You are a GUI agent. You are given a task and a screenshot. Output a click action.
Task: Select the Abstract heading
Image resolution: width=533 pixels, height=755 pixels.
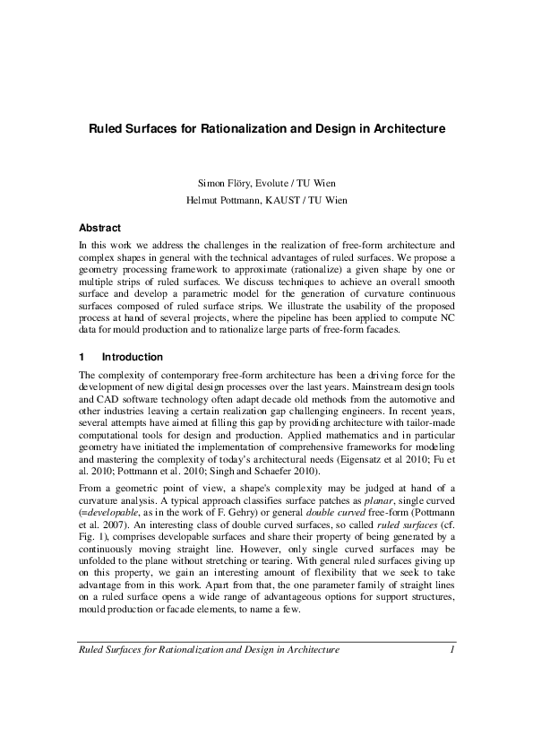99,228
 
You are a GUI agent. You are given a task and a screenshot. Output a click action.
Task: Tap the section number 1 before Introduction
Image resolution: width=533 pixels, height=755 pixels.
82,356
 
